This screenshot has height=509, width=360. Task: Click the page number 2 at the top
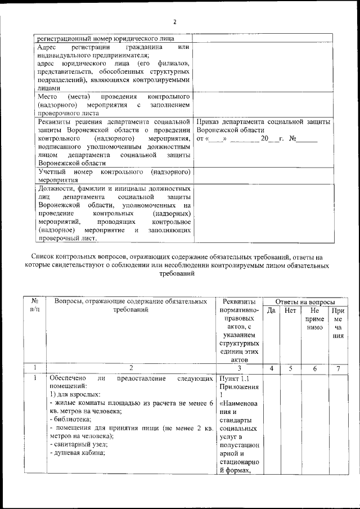pyautogui.click(x=174, y=22)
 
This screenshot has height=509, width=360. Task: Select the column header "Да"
pyautogui.click(x=271, y=310)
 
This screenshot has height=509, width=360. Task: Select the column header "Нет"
pyautogui.click(x=290, y=310)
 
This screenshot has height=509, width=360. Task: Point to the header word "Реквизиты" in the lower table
pyautogui.click(x=239, y=302)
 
